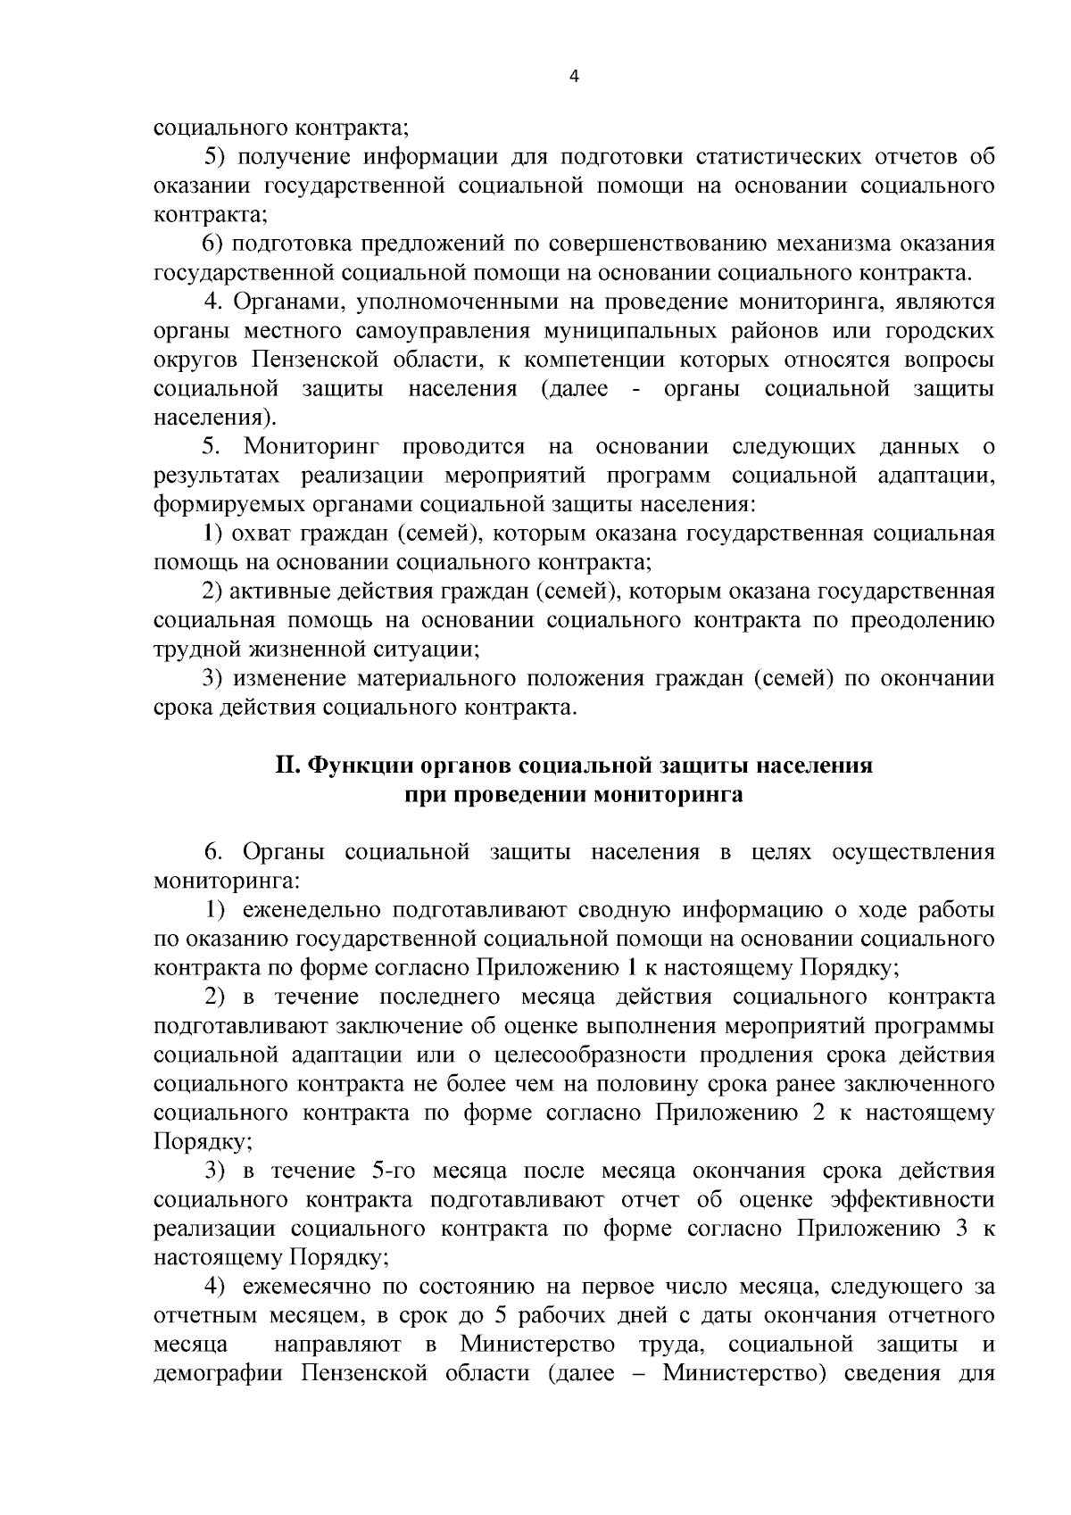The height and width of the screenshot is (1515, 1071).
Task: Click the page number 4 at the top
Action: tap(574, 77)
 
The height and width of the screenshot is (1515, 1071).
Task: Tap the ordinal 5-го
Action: tap(393, 1171)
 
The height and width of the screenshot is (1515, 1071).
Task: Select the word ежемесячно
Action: tap(302, 1287)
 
